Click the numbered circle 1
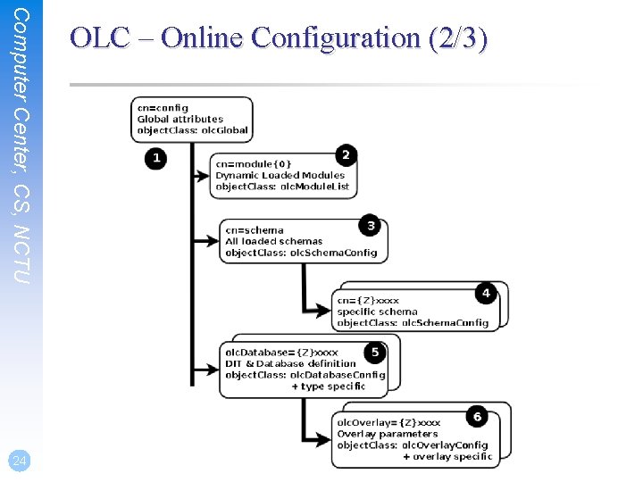tap(156, 159)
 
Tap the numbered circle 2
tap(346, 154)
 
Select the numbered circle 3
tap(370, 225)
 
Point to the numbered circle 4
tap(486, 292)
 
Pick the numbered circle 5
tap(375, 353)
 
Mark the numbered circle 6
tap(478, 417)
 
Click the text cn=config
tap(163, 108)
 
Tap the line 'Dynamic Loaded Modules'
tap(280, 176)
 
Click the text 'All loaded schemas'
tap(274, 241)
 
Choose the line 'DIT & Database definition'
tap(290, 363)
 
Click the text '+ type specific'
tap(328, 386)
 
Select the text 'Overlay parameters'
tap(388, 434)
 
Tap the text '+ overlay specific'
tap(447, 456)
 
